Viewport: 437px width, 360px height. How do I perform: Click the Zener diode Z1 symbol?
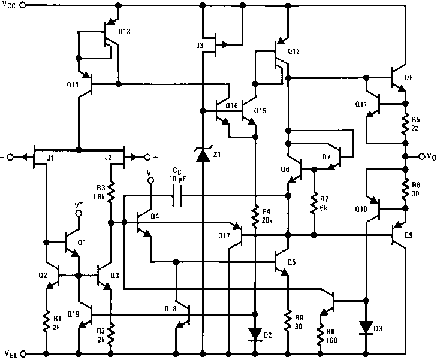point(203,156)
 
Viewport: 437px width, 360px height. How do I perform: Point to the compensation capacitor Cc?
point(177,196)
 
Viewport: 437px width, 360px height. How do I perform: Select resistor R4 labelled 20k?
point(256,213)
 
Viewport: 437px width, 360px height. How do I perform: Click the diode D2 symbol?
point(256,332)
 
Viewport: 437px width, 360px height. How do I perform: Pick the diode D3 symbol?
point(366,327)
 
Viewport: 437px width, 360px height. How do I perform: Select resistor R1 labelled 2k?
point(46,324)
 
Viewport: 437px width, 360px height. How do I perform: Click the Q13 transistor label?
point(124,32)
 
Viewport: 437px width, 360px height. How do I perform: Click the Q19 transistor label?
point(74,314)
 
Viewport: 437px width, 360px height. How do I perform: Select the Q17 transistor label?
point(224,235)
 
